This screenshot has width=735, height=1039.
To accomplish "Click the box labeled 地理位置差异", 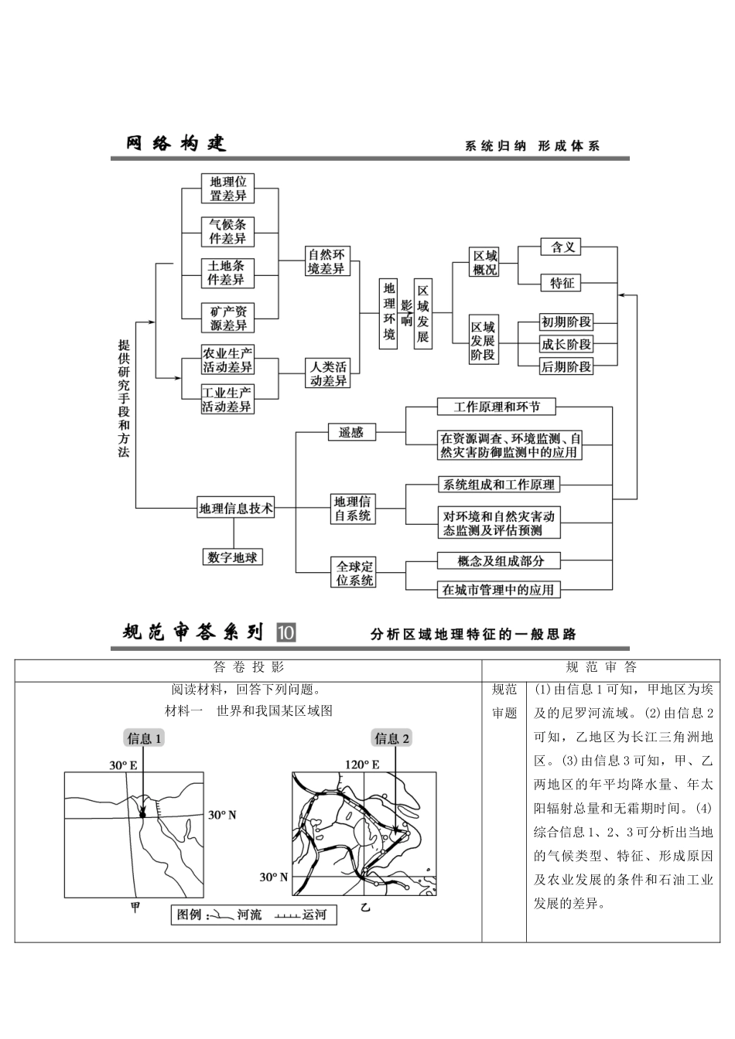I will [227, 189].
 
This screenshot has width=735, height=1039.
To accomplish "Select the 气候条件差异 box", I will [227, 231].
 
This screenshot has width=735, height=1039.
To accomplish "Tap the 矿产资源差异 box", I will [227, 318].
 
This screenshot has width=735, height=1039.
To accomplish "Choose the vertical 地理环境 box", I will [388, 313].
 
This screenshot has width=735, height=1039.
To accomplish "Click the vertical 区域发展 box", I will [422, 313].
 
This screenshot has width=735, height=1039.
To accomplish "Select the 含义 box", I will [562, 247].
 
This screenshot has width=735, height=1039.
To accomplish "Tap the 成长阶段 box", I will [566, 344].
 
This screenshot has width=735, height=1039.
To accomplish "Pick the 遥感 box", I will [350, 432].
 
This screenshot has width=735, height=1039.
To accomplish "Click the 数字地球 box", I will [232, 557].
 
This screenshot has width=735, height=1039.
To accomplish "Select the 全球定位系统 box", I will [354, 574].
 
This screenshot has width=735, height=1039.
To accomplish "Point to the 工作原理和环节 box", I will [497, 407].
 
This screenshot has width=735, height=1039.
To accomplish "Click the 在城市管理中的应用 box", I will [497, 590].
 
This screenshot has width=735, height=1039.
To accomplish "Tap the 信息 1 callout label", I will [144, 738].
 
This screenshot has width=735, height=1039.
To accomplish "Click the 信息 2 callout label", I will [392, 738].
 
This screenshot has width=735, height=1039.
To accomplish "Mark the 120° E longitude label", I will [362, 765].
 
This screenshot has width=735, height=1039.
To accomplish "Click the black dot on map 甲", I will [142, 812].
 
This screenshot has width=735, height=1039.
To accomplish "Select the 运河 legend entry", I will [301, 915].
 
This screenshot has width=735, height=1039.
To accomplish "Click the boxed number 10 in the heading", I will [285, 632].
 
